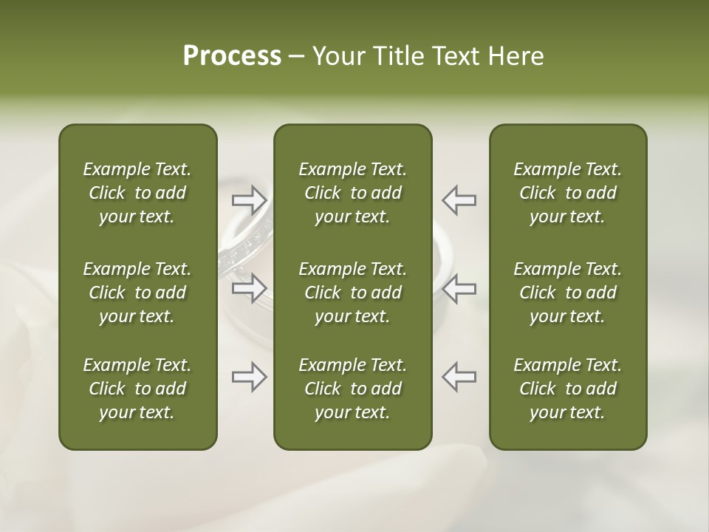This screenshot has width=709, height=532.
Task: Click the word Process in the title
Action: [232, 56]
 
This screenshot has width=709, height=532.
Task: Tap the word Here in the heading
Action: [516, 56]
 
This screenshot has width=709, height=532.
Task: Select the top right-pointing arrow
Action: [250, 200]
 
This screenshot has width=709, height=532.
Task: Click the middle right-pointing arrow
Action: [250, 288]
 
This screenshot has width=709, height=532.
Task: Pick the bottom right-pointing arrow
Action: [250, 377]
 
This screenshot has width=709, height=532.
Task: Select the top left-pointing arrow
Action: [459, 200]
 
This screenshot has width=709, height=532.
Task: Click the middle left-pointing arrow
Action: [459, 288]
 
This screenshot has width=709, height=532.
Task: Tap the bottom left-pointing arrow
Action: [459, 377]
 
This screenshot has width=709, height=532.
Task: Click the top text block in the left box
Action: [137, 193]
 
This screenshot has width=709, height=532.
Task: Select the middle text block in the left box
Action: [137, 293]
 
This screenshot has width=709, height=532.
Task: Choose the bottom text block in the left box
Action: [137, 389]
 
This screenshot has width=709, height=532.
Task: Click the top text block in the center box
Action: [352, 193]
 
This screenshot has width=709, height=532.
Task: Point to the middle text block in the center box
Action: [352, 293]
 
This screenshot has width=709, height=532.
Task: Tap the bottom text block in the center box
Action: [352, 389]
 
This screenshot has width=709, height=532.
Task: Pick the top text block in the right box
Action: [568, 193]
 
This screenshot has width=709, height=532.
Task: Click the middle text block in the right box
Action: [568, 293]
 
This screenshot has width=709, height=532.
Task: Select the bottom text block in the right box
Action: [568, 389]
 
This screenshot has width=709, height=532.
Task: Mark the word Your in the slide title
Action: [337, 56]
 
